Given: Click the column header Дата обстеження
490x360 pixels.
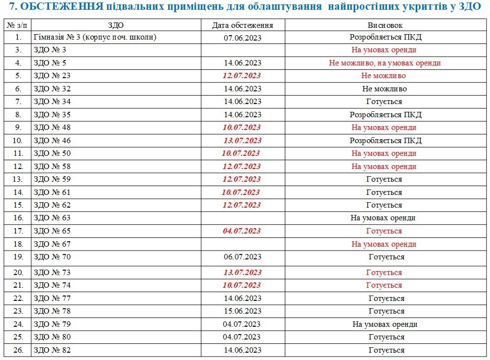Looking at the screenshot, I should point(242,25).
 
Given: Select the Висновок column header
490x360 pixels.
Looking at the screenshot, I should point(385,25).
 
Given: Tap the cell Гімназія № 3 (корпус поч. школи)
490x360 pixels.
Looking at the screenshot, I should point(95,37).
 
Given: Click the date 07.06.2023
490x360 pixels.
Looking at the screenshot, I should point(242,38).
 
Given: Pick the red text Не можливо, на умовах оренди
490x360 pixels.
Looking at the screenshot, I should point(385,63).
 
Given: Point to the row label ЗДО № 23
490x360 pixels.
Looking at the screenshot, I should point(52,76).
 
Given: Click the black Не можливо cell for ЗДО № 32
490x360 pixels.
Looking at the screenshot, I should point(385,89).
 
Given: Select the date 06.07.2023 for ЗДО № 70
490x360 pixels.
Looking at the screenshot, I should point(242,257).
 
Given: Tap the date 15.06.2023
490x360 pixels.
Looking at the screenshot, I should point(242,311).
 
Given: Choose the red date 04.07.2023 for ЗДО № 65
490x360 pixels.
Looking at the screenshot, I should point(242,231).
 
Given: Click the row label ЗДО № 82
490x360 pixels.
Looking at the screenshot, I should point(52,350).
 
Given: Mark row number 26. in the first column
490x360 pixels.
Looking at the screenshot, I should point(19,350).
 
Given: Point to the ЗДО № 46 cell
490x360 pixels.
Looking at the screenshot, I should point(52,141).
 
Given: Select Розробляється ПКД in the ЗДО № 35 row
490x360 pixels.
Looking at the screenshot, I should point(385,115).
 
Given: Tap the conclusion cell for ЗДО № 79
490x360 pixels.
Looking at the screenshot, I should point(385,324).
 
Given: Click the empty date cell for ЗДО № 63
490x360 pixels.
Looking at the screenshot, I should point(242,218).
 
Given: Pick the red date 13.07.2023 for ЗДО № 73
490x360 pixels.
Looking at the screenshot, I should point(242,273).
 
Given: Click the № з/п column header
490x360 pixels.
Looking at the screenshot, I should point(18,25).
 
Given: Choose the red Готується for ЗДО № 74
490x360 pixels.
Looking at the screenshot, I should point(385,285).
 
